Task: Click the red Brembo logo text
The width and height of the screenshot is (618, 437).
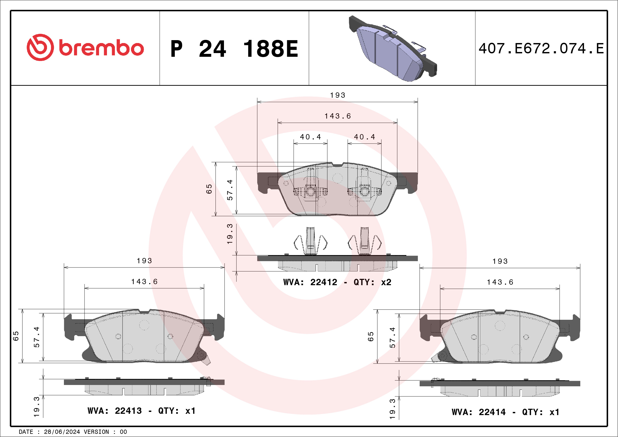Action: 101,48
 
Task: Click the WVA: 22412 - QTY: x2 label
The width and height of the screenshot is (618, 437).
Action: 337,282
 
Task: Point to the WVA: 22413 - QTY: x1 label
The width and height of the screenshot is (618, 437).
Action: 141,411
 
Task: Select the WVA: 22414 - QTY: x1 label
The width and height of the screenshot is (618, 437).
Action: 505,412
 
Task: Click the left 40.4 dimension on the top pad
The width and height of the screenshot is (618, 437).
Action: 310,137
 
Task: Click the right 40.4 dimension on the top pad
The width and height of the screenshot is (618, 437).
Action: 364,137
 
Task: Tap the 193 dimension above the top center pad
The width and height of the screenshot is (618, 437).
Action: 338,95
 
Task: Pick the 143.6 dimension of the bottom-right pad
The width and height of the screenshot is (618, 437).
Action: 500,282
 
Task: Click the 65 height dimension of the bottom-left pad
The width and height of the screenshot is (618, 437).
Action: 16,336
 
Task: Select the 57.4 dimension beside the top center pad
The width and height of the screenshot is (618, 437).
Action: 230,190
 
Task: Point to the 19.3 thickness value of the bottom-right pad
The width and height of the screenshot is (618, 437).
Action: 392,409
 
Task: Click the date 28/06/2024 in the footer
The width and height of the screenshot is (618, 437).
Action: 62,432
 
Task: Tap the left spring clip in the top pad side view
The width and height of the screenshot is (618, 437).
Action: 310,242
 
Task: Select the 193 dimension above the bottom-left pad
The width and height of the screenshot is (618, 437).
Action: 144,261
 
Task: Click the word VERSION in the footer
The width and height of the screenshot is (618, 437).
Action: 96,432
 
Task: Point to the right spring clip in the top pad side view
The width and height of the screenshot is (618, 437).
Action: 364,242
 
